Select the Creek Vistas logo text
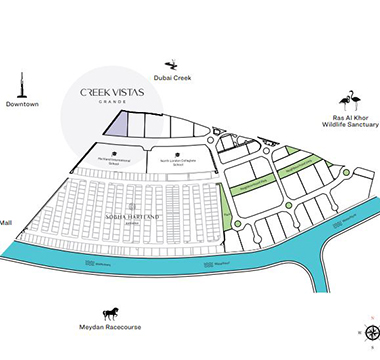pos(110,92)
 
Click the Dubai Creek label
pos(172,78)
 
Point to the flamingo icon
pos(348,102)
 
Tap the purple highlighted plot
pos(118,124)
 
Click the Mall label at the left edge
pos(6,223)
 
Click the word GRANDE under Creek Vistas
pos(110,102)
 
